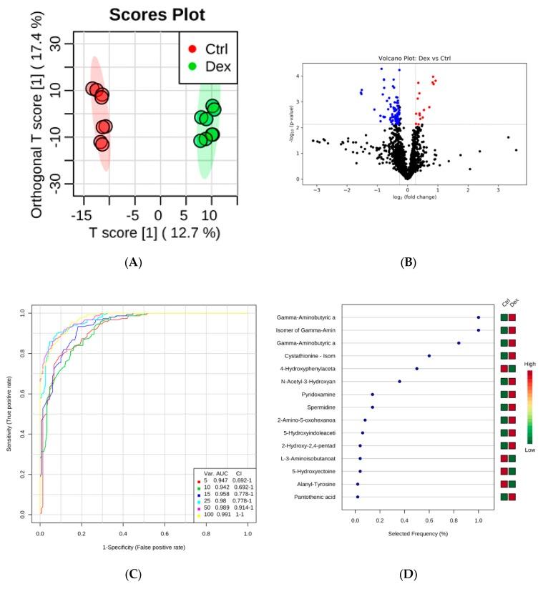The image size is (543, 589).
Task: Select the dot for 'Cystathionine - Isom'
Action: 429,355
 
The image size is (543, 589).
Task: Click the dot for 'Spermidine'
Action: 372,407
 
